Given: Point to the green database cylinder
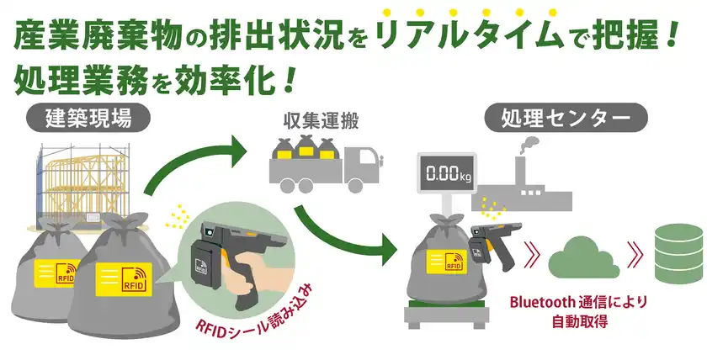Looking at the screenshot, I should [677, 251].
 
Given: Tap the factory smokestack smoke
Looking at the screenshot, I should [529, 146].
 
